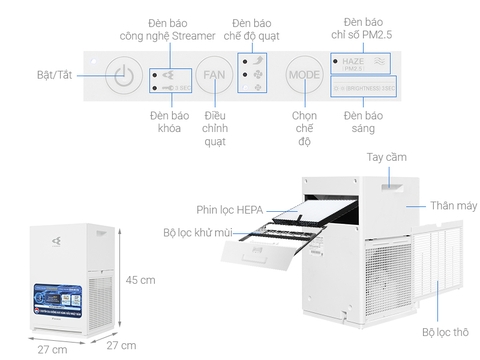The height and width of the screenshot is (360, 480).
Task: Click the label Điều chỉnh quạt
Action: click(214, 127)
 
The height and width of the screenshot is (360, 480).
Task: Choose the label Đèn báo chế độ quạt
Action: click(251, 28)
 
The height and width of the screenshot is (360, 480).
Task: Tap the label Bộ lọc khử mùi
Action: click(201, 232)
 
